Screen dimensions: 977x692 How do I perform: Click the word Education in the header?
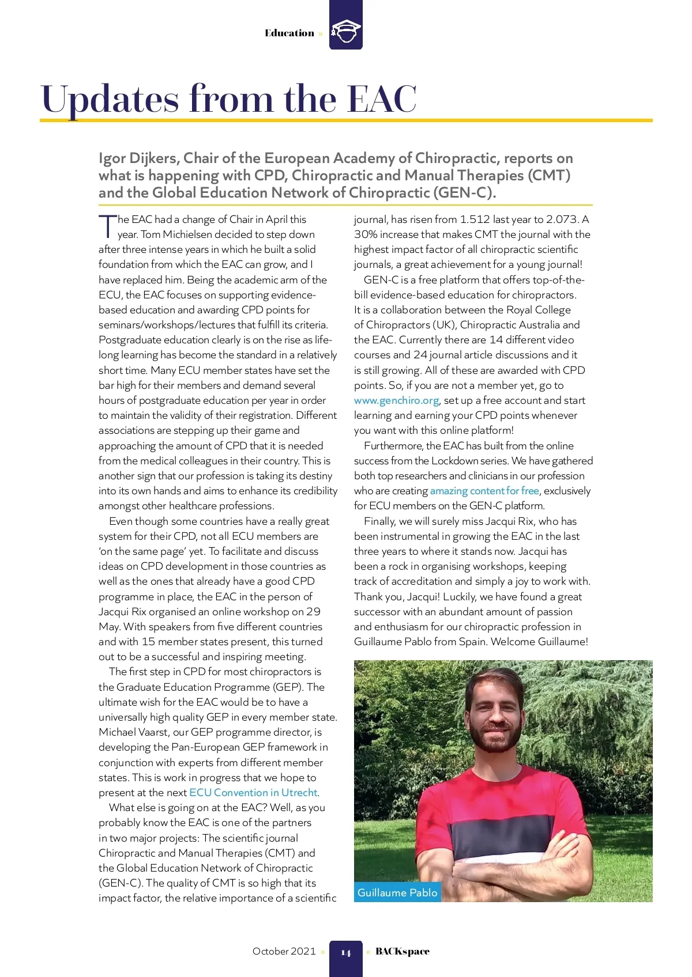pyautogui.click(x=289, y=33)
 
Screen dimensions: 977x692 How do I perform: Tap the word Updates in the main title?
pyautogui.click(x=110, y=99)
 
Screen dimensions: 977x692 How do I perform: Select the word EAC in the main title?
pyautogui.click(x=382, y=99)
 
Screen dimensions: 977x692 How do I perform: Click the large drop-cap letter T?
pyautogui.click(x=107, y=226)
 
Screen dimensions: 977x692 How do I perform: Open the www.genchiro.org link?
pyautogui.click(x=396, y=400)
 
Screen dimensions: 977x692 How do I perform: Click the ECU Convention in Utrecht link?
pyautogui.click(x=253, y=793)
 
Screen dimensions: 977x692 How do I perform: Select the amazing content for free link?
pyautogui.click(x=484, y=491)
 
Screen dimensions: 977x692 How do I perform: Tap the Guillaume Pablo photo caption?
pyautogui.click(x=397, y=892)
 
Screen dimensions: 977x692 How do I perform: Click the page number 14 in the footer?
pyautogui.click(x=345, y=953)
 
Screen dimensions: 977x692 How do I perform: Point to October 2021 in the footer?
pyautogui.click(x=284, y=951)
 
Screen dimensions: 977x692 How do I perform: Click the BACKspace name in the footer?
pyautogui.click(x=403, y=951)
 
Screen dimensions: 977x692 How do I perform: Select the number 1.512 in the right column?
pyautogui.click(x=475, y=219)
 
